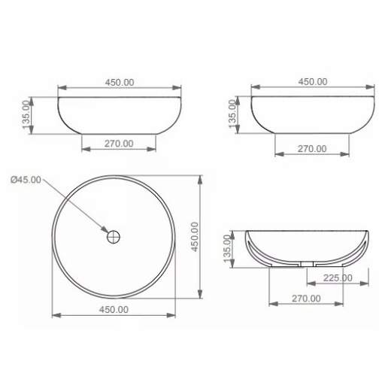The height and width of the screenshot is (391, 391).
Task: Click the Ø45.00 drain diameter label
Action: [26, 180]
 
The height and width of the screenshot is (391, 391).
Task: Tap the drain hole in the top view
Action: [114, 237]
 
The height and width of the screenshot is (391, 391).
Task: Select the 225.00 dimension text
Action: [338, 277]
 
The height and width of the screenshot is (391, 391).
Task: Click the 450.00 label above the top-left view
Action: [120, 82]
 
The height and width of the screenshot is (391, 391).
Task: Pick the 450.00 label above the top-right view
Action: [313, 82]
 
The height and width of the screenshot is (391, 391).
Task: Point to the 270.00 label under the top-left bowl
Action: [119, 144]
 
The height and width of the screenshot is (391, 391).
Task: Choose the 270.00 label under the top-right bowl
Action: [312, 149]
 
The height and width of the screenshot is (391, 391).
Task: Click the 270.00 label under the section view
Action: [306, 299]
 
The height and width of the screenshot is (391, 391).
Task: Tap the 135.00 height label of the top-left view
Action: [26, 115]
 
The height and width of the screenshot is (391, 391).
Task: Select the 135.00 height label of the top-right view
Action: [232, 114]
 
